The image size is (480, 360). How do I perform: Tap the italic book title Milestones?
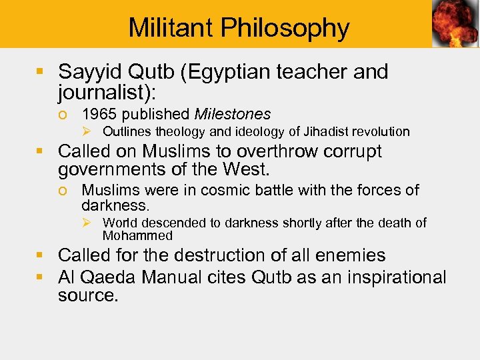(x=233, y=115)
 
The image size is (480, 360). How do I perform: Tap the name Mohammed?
(x=137, y=235)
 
